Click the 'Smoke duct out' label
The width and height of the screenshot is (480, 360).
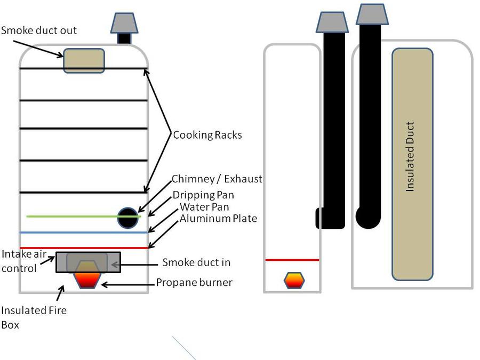(39, 30)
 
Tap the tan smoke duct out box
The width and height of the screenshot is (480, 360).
(84, 60)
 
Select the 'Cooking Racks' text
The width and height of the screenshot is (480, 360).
(207, 135)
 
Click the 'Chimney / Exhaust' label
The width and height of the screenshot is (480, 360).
(217, 179)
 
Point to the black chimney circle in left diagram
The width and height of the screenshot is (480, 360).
(128, 218)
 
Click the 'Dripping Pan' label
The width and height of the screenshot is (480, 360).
(203, 195)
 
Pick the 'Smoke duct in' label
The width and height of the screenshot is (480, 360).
(196, 262)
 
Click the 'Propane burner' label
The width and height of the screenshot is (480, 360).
(194, 282)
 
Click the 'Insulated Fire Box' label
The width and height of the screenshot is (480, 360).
(33, 317)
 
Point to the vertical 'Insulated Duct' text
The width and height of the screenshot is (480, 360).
(410, 157)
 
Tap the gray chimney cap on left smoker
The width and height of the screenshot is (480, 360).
(125, 22)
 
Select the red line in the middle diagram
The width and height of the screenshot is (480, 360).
(292, 260)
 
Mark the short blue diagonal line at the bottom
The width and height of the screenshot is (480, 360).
(184, 348)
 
